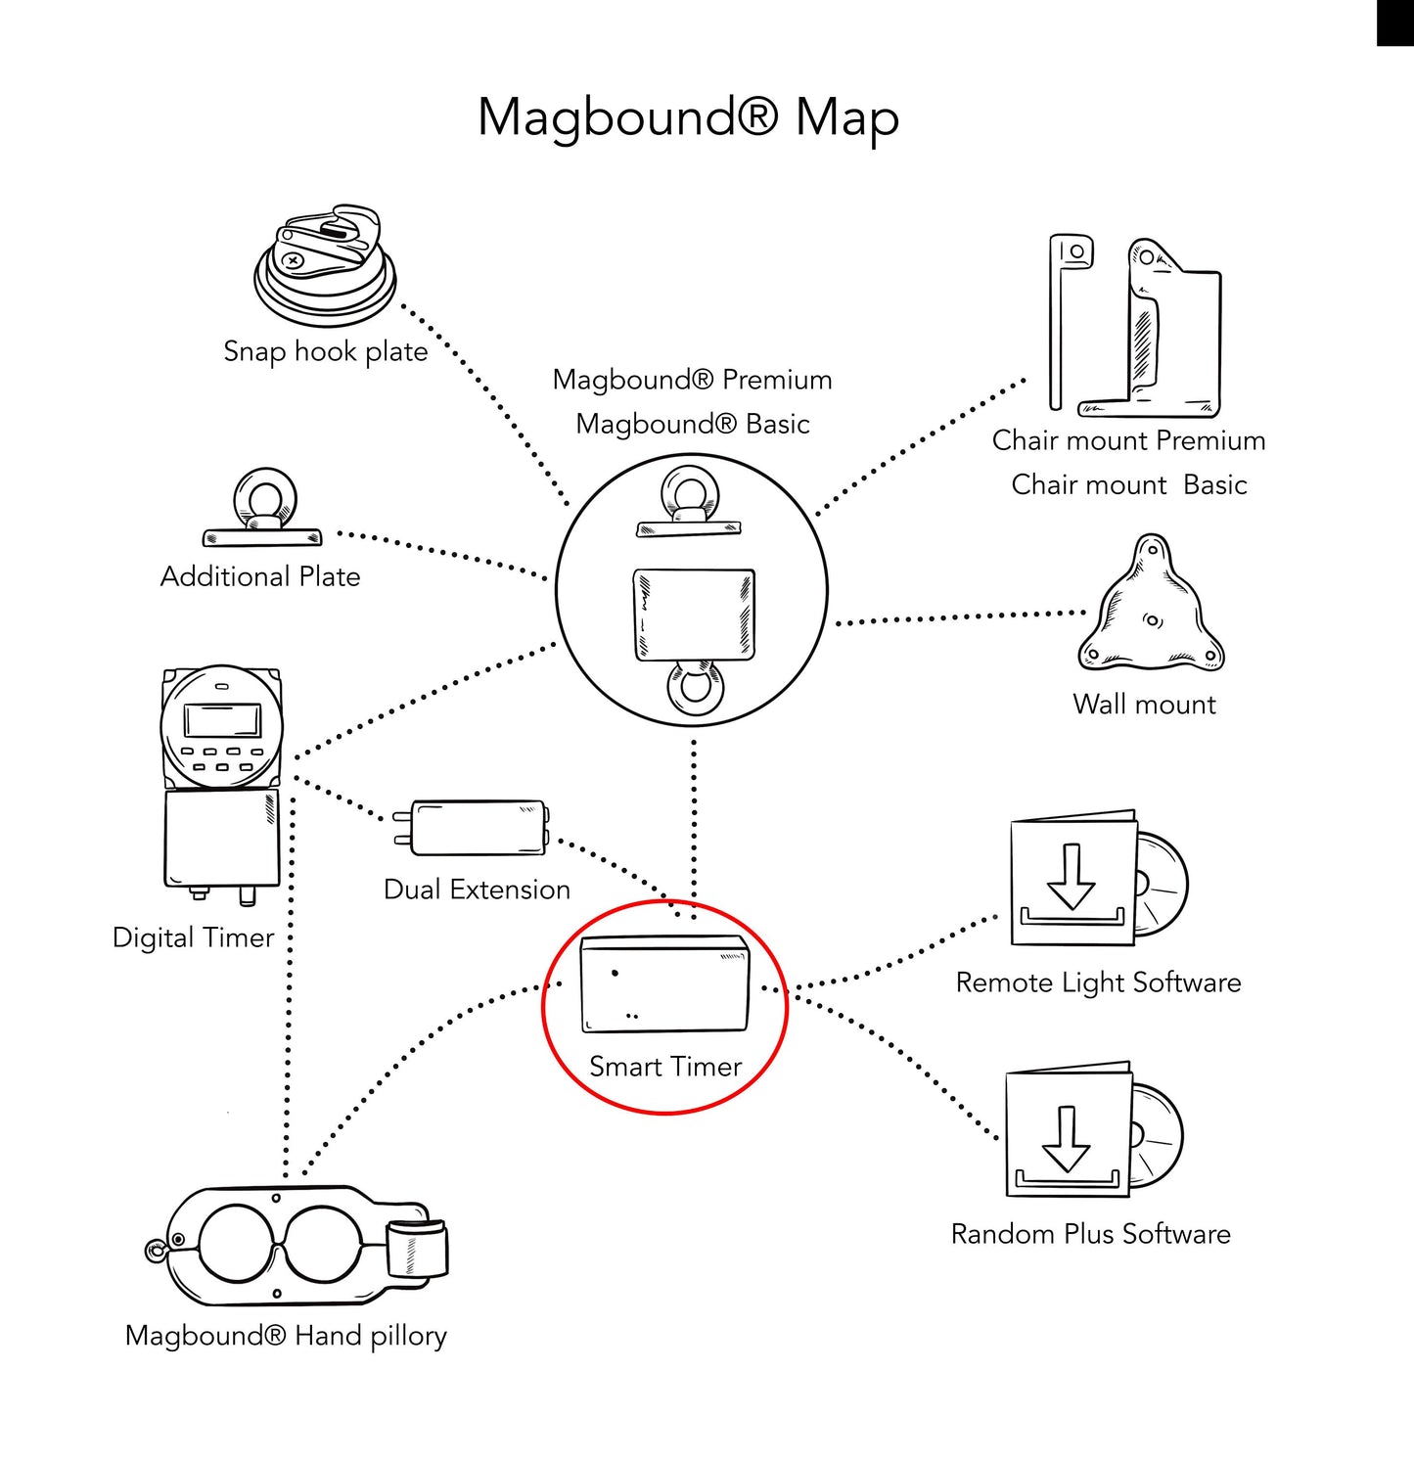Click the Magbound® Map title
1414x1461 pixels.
(688, 117)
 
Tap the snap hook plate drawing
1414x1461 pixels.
(325, 265)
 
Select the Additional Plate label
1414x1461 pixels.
(260, 576)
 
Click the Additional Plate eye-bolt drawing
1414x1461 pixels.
(262, 508)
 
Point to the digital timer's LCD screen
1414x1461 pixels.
(222, 720)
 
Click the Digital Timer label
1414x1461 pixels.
(193, 937)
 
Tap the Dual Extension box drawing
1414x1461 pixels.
(471, 828)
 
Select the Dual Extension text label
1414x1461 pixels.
(477, 890)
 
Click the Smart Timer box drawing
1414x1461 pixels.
(665, 983)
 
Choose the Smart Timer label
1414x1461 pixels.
(665, 1067)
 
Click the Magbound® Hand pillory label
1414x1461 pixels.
(286, 1336)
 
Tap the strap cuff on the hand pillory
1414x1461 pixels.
(417, 1250)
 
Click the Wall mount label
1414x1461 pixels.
(1144, 705)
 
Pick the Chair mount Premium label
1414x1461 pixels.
(1129, 440)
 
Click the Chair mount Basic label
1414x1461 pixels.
(1129, 484)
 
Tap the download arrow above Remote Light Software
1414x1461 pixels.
(1072, 877)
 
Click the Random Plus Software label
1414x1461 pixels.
(1091, 1234)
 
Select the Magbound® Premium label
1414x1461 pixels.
(693, 380)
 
